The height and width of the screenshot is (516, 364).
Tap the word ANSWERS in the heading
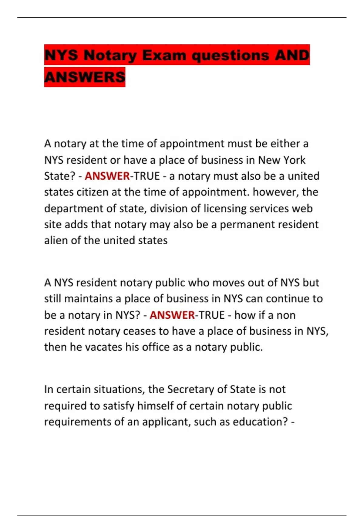coord(85,77)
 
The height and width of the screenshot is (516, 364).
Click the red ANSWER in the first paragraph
coord(107,176)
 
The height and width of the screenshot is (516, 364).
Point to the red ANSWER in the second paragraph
coord(172,315)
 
